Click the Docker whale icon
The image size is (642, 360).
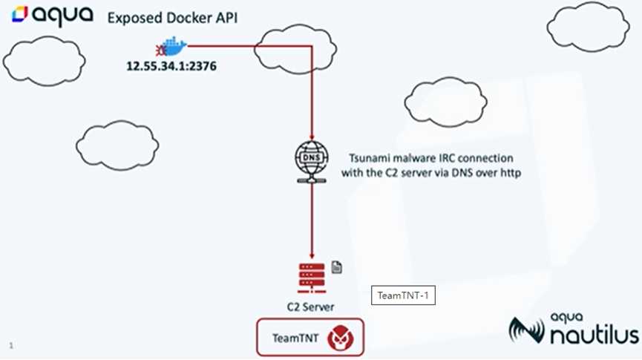[x=171, y=46]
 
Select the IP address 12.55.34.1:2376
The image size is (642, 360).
[x=171, y=66]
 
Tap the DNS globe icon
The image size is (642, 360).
[x=312, y=162]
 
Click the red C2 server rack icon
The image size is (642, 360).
[x=312, y=278]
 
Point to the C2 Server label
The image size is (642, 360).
[x=310, y=307]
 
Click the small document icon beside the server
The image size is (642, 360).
[x=336, y=267]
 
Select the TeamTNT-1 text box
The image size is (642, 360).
[x=403, y=295]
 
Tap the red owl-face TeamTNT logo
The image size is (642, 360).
[x=341, y=338]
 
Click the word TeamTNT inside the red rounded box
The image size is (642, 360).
[x=295, y=338]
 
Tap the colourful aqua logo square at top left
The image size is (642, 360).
[x=19, y=14]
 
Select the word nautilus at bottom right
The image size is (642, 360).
[x=594, y=335]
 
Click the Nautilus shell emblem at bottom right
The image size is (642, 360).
[x=526, y=330]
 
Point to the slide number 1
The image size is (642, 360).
[x=11, y=346]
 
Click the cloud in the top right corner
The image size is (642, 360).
[x=588, y=27]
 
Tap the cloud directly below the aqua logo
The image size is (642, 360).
[x=45, y=61]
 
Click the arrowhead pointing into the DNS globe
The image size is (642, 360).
[x=312, y=137]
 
